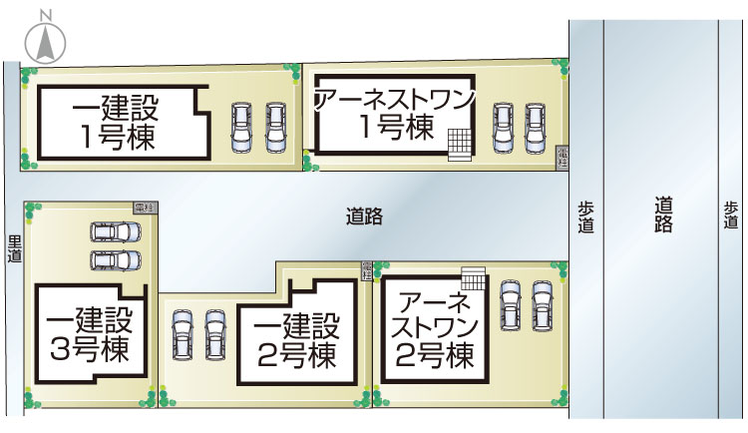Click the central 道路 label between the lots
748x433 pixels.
pos(365,216)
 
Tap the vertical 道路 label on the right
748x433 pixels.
pos(664,215)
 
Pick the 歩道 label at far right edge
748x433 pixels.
pos(732,216)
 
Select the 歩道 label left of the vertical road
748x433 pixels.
pos(585,216)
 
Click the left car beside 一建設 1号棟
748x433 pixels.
pos(242,127)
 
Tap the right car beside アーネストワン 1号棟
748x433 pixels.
pos(537,127)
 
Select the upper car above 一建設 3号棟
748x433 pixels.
pos(116,232)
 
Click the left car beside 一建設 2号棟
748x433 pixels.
pos(183,334)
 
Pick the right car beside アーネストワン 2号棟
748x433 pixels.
pos(542,303)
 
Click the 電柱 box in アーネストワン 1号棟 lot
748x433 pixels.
pos(562,155)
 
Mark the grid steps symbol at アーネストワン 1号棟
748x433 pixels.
pos(459,145)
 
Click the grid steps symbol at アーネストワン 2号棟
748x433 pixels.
pos(473,278)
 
